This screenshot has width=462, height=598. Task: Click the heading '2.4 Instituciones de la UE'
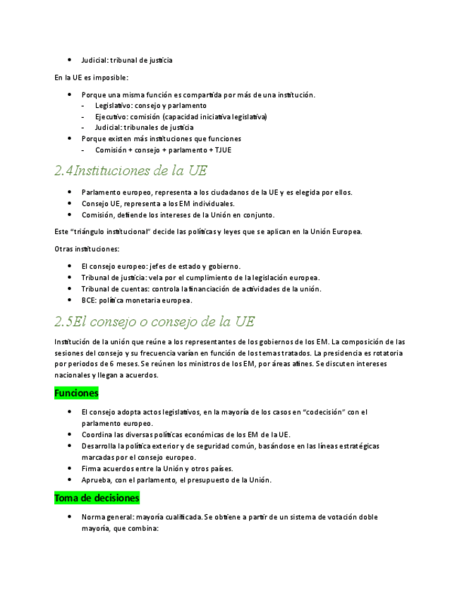(x=130, y=171)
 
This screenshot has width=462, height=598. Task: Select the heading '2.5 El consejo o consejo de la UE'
(x=154, y=322)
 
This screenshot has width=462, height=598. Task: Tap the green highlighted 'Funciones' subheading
(x=76, y=393)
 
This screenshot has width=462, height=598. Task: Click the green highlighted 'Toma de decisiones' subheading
(x=97, y=498)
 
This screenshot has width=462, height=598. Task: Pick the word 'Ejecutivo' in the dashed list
(x=111, y=116)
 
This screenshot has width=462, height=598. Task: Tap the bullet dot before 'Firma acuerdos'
(x=69, y=468)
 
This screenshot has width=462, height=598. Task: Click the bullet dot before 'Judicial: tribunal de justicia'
(x=69, y=60)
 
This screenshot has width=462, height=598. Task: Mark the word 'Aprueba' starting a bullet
(x=95, y=480)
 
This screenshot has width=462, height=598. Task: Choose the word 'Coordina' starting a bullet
(x=97, y=434)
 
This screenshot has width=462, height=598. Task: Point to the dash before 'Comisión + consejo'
(x=83, y=150)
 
